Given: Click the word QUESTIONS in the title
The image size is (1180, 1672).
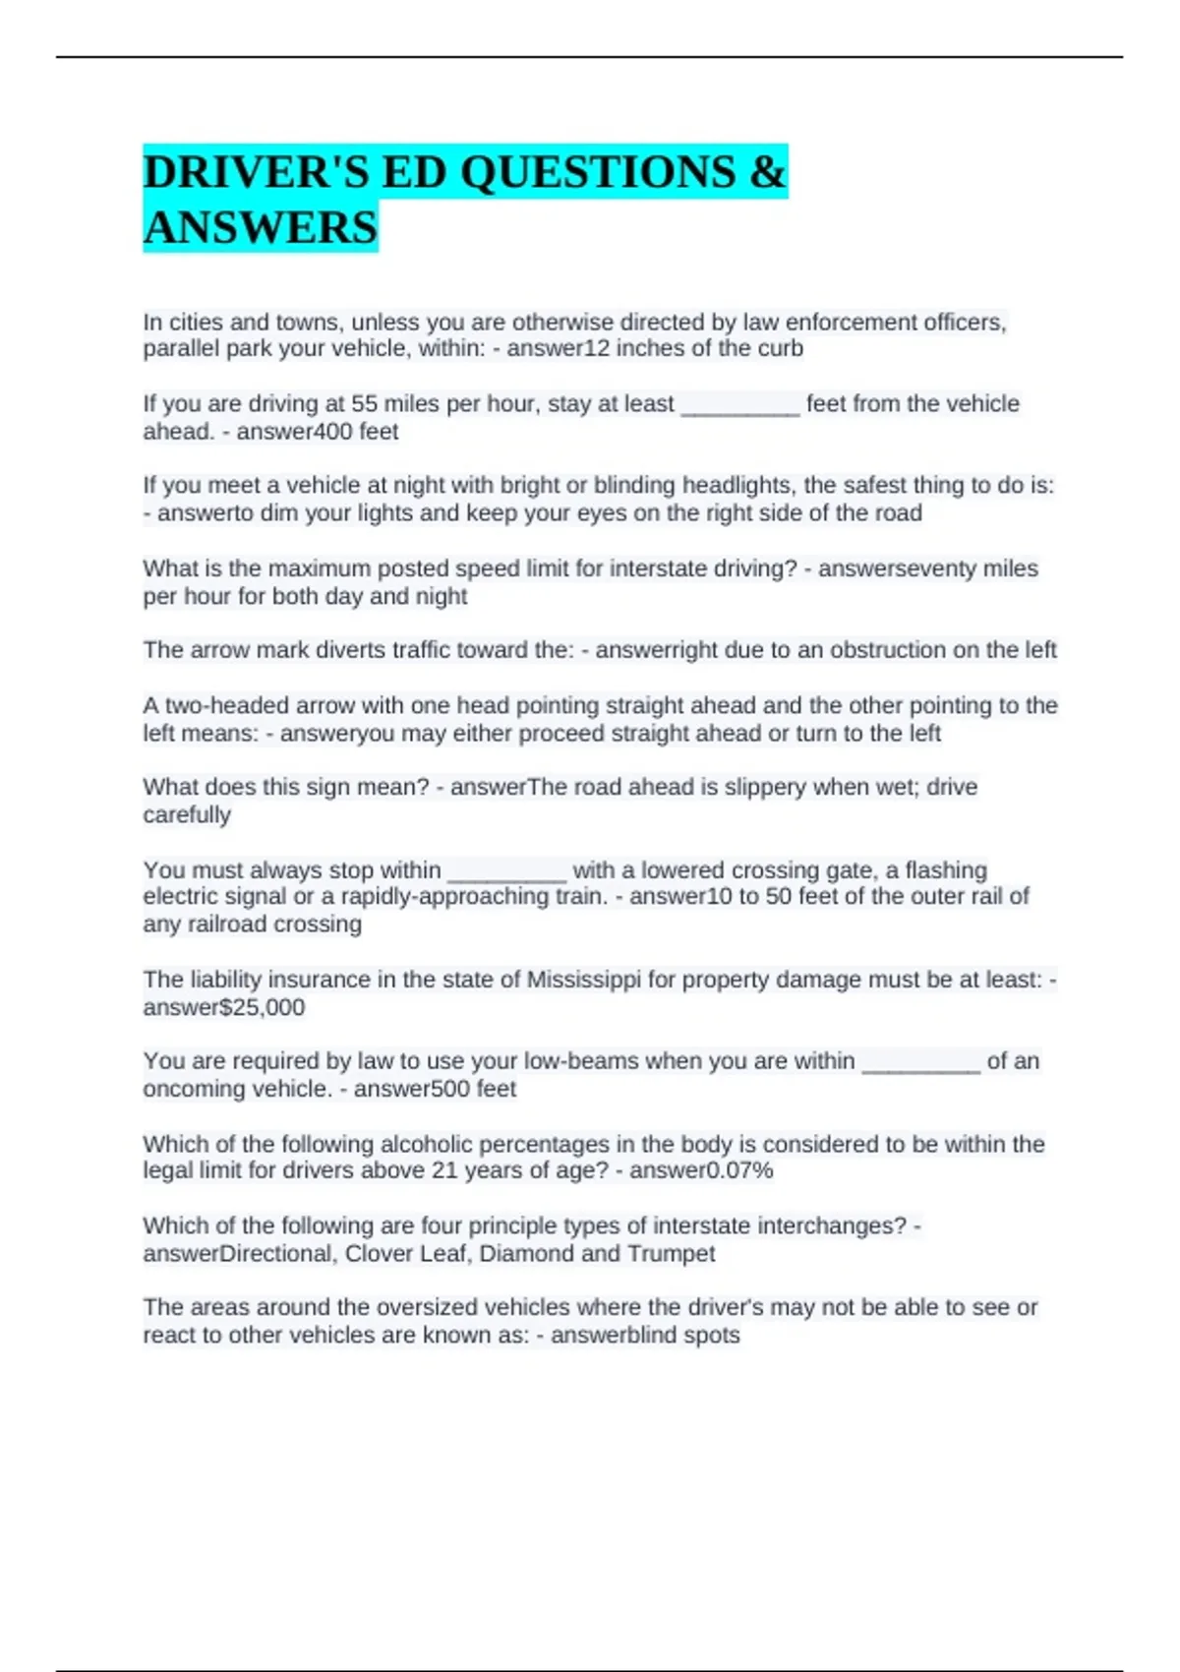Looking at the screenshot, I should click(x=598, y=172).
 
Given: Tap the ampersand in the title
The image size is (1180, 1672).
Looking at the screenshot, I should click(x=767, y=172).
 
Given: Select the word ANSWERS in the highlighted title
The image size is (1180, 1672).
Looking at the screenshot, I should click(x=261, y=227).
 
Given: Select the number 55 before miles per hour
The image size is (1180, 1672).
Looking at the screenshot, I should click(x=365, y=404).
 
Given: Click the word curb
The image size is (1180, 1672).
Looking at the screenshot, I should click(x=781, y=349).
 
